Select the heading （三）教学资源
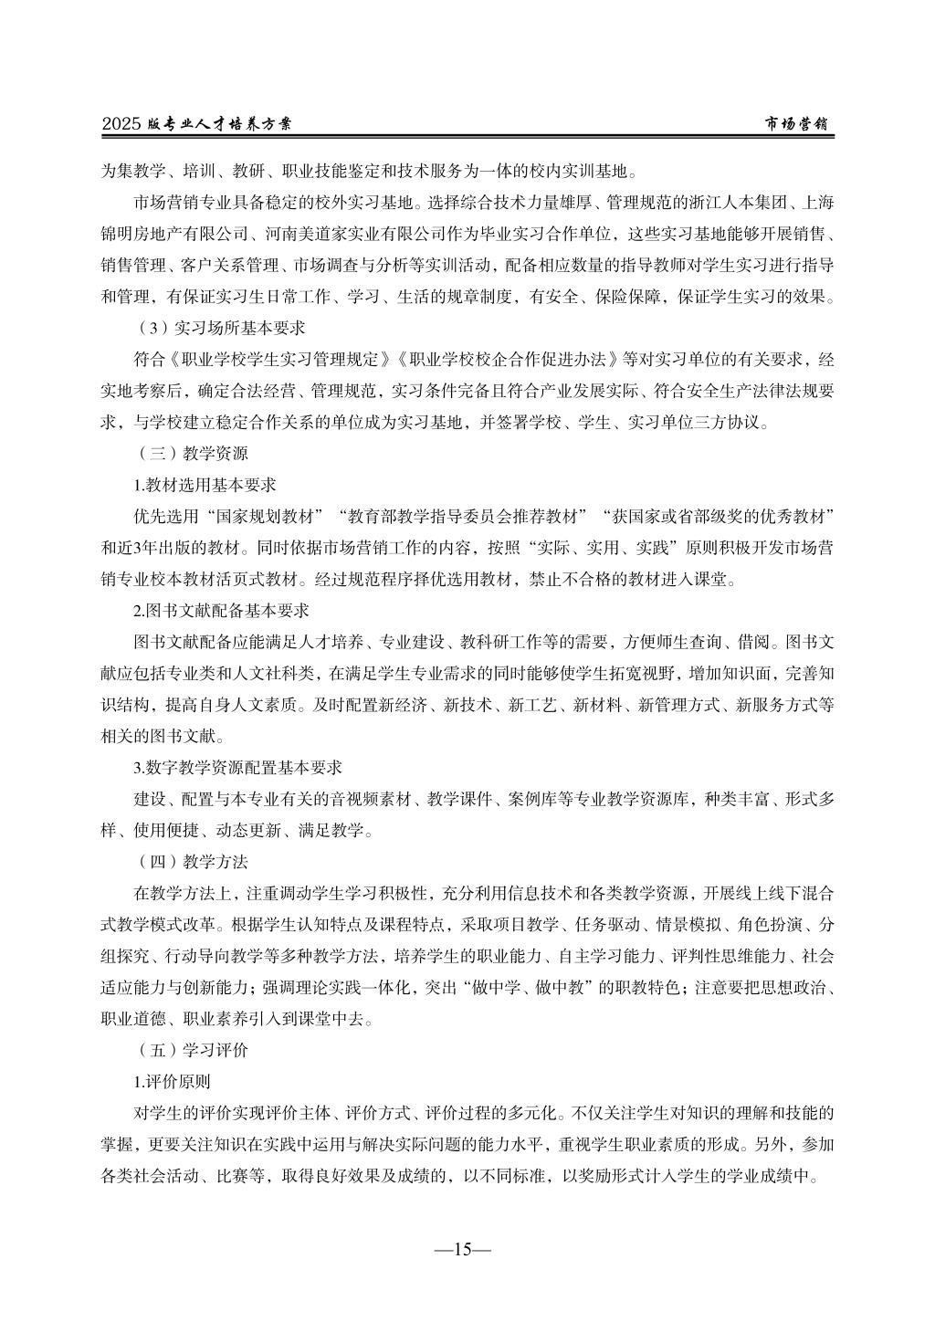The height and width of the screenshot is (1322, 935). point(192,453)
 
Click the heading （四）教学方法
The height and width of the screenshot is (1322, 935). point(192,861)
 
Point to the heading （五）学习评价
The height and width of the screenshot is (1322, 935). point(192,1051)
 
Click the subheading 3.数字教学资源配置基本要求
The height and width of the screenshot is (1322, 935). point(237,768)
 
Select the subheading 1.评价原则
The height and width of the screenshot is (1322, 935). point(173,1083)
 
